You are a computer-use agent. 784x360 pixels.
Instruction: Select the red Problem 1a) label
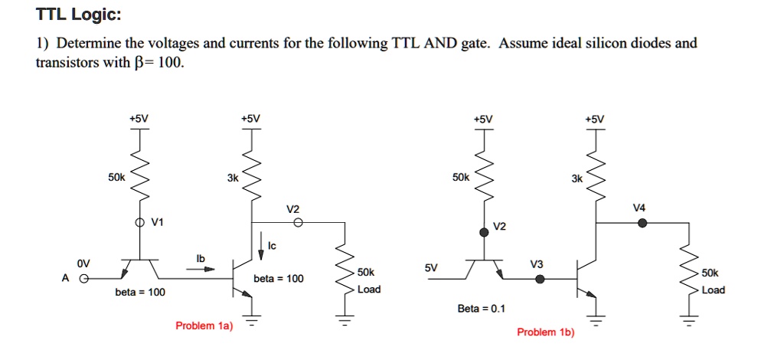(204, 326)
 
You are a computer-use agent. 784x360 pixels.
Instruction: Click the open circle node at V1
(139, 223)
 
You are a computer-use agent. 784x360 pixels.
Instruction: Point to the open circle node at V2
(299, 223)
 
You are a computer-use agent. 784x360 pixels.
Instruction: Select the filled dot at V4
(642, 223)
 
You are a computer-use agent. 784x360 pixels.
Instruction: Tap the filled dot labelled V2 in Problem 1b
(484, 232)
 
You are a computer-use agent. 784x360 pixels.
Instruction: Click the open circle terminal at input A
(87, 279)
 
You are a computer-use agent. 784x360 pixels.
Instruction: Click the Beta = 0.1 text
(481, 309)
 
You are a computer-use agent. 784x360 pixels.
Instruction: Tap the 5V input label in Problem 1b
(431, 268)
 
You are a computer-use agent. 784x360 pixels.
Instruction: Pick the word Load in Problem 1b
(713, 290)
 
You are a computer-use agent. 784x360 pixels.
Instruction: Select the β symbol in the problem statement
(140, 63)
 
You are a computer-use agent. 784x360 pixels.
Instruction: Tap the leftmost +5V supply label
(139, 118)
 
